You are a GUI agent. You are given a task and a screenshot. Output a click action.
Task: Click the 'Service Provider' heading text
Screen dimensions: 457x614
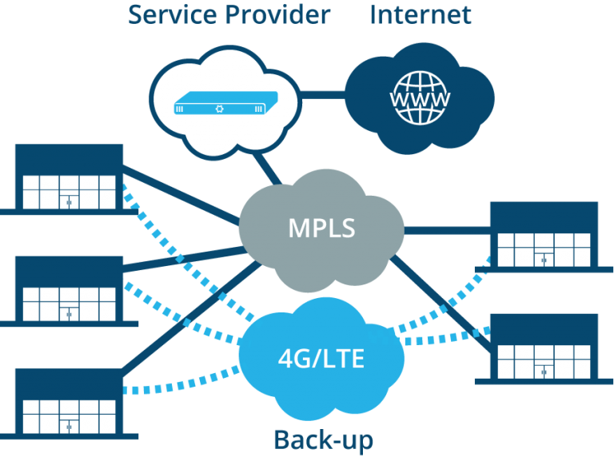[x=229, y=14]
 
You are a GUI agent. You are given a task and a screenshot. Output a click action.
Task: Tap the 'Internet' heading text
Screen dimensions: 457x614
[x=421, y=14]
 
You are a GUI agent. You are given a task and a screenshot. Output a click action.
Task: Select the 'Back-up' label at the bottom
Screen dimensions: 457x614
[x=323, y=439]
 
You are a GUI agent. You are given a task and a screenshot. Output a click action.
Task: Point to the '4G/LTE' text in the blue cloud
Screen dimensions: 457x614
[x=321, y=357]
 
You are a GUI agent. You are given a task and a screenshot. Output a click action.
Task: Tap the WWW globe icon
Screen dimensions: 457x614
[x=419, y=99]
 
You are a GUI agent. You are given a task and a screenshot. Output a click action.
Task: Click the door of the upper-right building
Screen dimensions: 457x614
[x=544, y=259]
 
